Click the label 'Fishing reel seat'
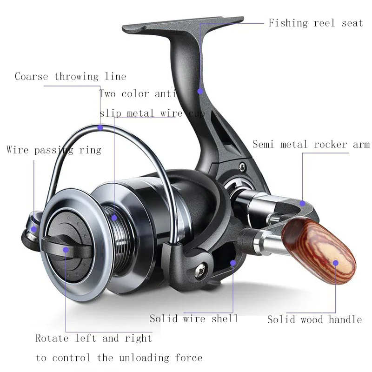316,23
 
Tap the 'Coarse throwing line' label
70,77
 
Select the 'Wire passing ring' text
54,150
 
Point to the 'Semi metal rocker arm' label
311,145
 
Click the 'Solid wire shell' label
194,319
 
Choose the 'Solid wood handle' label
314,319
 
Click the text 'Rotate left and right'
94,338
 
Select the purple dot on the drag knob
66,250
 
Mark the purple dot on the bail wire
100,126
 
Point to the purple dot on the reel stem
200,91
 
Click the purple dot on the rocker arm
302,203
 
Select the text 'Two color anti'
138,94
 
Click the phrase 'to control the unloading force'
119,358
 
